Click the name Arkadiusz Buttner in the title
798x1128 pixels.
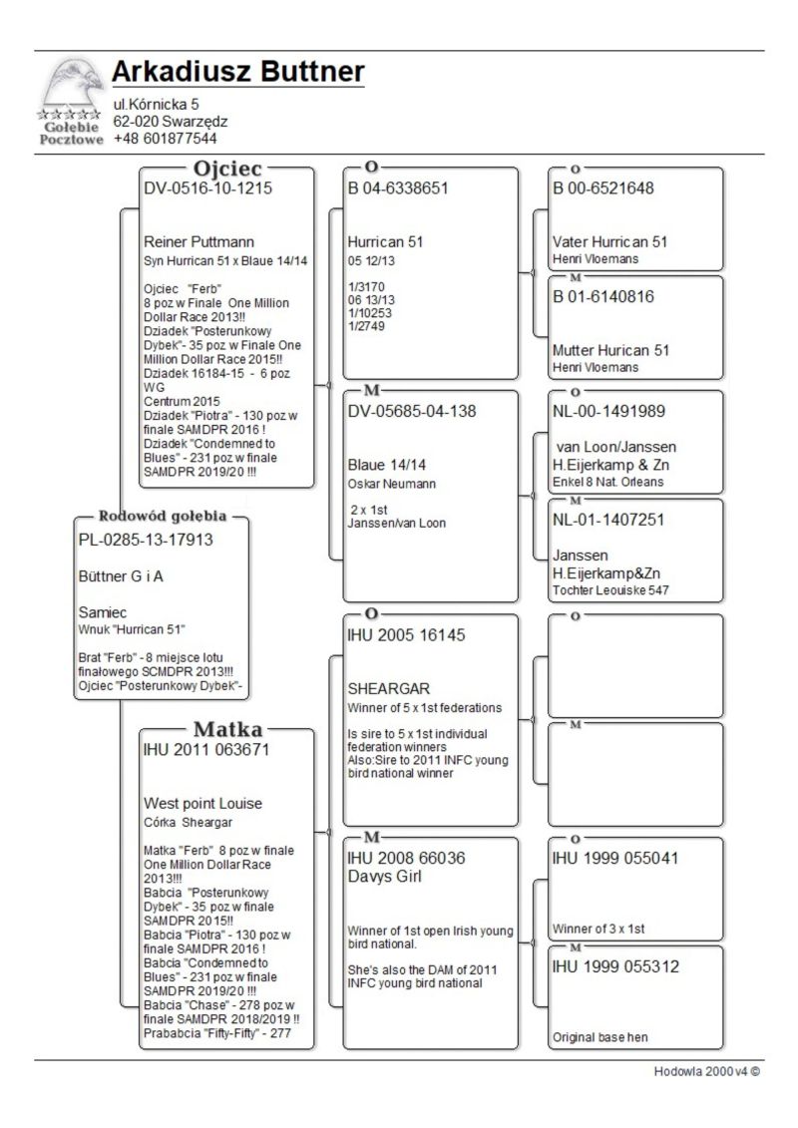[237, 72]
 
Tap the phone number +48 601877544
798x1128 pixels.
[165, 139]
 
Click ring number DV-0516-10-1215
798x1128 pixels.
[208, 188]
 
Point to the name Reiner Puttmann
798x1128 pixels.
[199, 241]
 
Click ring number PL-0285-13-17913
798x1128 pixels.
[146, 540]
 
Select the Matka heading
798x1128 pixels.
[227, 729]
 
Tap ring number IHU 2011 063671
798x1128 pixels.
[206, 749]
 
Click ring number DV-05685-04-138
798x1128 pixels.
[412, 411]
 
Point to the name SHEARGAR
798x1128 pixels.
[388, 689]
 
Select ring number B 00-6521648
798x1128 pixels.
[602, 188]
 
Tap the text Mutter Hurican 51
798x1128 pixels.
[610, 350]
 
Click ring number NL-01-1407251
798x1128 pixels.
[608, 520]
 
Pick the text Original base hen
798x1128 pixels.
[600, 1037]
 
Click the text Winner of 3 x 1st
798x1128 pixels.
[599, 929]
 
